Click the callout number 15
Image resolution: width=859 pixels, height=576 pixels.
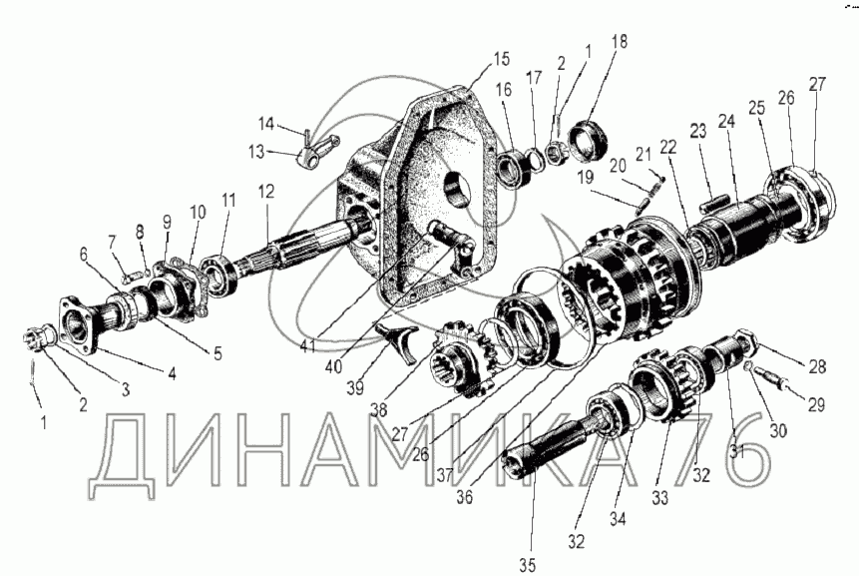501,58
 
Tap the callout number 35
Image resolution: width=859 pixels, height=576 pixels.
527,564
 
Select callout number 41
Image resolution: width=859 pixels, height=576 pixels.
307,346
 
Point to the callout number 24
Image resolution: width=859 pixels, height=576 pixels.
726,121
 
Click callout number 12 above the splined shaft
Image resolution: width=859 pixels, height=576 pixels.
266,192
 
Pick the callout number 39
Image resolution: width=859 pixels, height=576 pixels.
355,388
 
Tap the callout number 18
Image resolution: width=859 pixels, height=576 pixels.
619,41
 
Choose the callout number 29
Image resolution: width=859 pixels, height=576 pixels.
816,405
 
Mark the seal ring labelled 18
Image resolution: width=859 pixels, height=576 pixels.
588,143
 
